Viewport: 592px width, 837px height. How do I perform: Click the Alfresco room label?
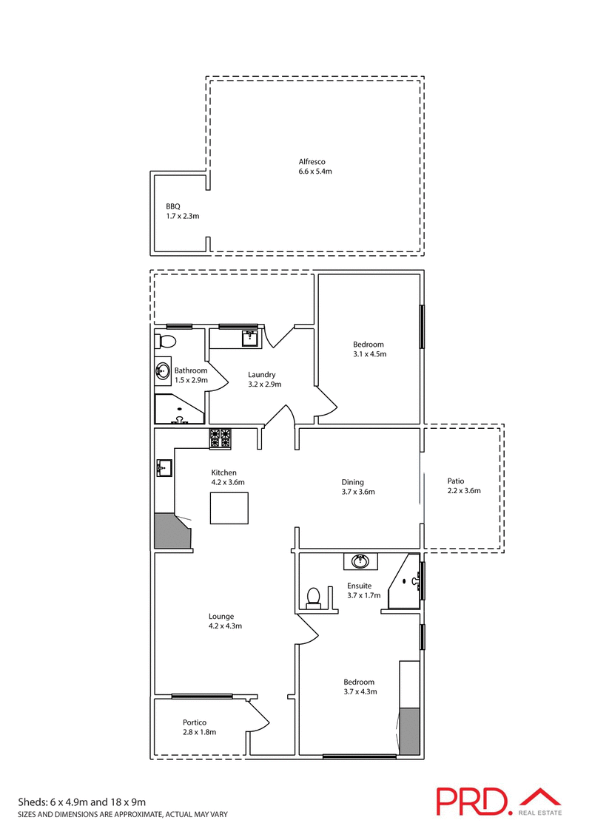[312, 162]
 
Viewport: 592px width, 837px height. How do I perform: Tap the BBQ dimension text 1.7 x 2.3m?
[183, 216]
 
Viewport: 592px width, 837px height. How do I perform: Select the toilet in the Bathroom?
[166, 342]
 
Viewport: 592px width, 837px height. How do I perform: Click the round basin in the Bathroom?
[163, 372]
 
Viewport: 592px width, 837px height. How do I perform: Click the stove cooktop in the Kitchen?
[221, 438]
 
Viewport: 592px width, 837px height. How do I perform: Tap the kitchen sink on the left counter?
[164, 467]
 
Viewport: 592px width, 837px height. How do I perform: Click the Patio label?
[457, 481]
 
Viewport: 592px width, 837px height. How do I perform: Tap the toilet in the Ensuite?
[314, 597]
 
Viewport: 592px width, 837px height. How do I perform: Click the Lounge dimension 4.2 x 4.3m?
[225, 626]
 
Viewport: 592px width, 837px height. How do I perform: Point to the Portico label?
[195, 722]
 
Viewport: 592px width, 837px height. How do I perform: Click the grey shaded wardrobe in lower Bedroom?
[409, 731]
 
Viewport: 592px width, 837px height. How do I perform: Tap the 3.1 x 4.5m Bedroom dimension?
[369, 354]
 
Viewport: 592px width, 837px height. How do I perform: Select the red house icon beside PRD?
[540, 797]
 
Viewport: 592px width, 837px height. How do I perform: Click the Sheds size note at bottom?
[81, 802]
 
